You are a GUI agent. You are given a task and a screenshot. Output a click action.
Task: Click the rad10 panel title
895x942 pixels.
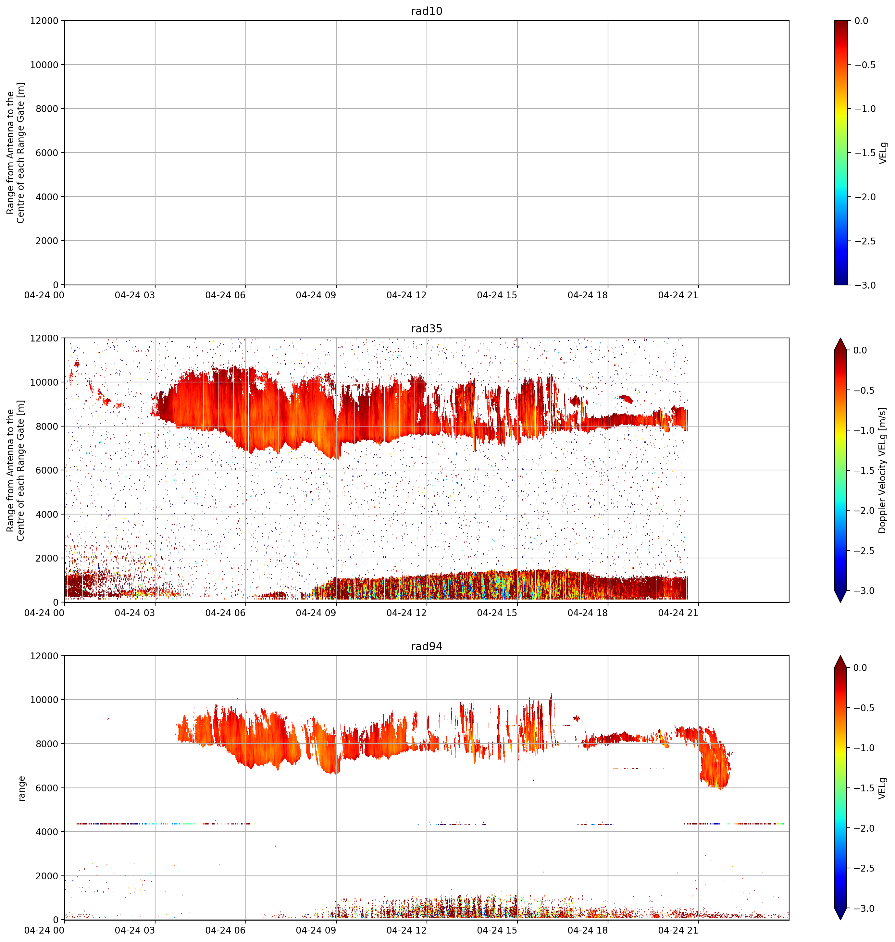pyautogui.click(x=427, y=11)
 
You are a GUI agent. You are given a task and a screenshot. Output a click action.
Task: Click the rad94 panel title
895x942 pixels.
pyautogui.click(x=427, y=646)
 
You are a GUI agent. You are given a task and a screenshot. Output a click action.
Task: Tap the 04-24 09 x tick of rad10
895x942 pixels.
pyautogui.click(x=316, y=295)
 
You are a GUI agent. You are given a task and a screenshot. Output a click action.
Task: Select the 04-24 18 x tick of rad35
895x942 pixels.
pyautogui.click(x=588, y=613)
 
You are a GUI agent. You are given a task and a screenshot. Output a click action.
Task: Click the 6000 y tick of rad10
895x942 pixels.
pyautogui.click(x=47, y=153)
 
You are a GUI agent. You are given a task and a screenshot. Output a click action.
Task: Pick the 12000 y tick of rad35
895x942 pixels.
pyautogui.click(x=44, y=338)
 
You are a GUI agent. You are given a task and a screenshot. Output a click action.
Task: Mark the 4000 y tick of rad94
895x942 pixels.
pyautogui.click(x=47, y=832)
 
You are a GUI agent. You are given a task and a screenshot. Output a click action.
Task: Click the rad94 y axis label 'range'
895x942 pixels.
pyautogui.click(x=21, y=788)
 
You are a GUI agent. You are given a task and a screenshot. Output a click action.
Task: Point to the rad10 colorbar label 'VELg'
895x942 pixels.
pyautogui.click(x=883, y=153)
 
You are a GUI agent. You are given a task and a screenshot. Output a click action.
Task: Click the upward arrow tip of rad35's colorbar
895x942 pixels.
pyautogui.click(x=840, y=339)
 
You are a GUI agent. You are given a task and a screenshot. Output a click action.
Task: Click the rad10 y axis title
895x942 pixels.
pyautogui.click(x=15, y=153)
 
